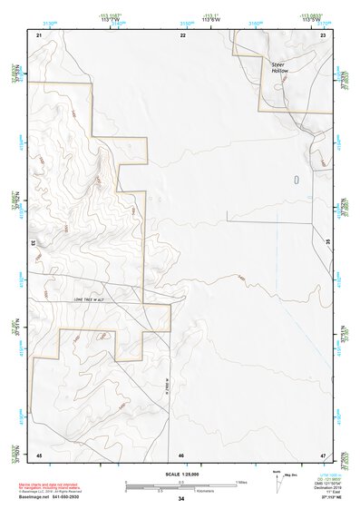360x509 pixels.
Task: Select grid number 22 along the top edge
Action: pos(182,34)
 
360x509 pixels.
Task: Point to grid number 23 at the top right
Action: pos(323,34)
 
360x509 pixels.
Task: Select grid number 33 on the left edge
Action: pos(33,243)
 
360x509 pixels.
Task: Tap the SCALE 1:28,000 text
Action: pos(181,474)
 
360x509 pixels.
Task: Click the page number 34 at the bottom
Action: pos(181,499)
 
